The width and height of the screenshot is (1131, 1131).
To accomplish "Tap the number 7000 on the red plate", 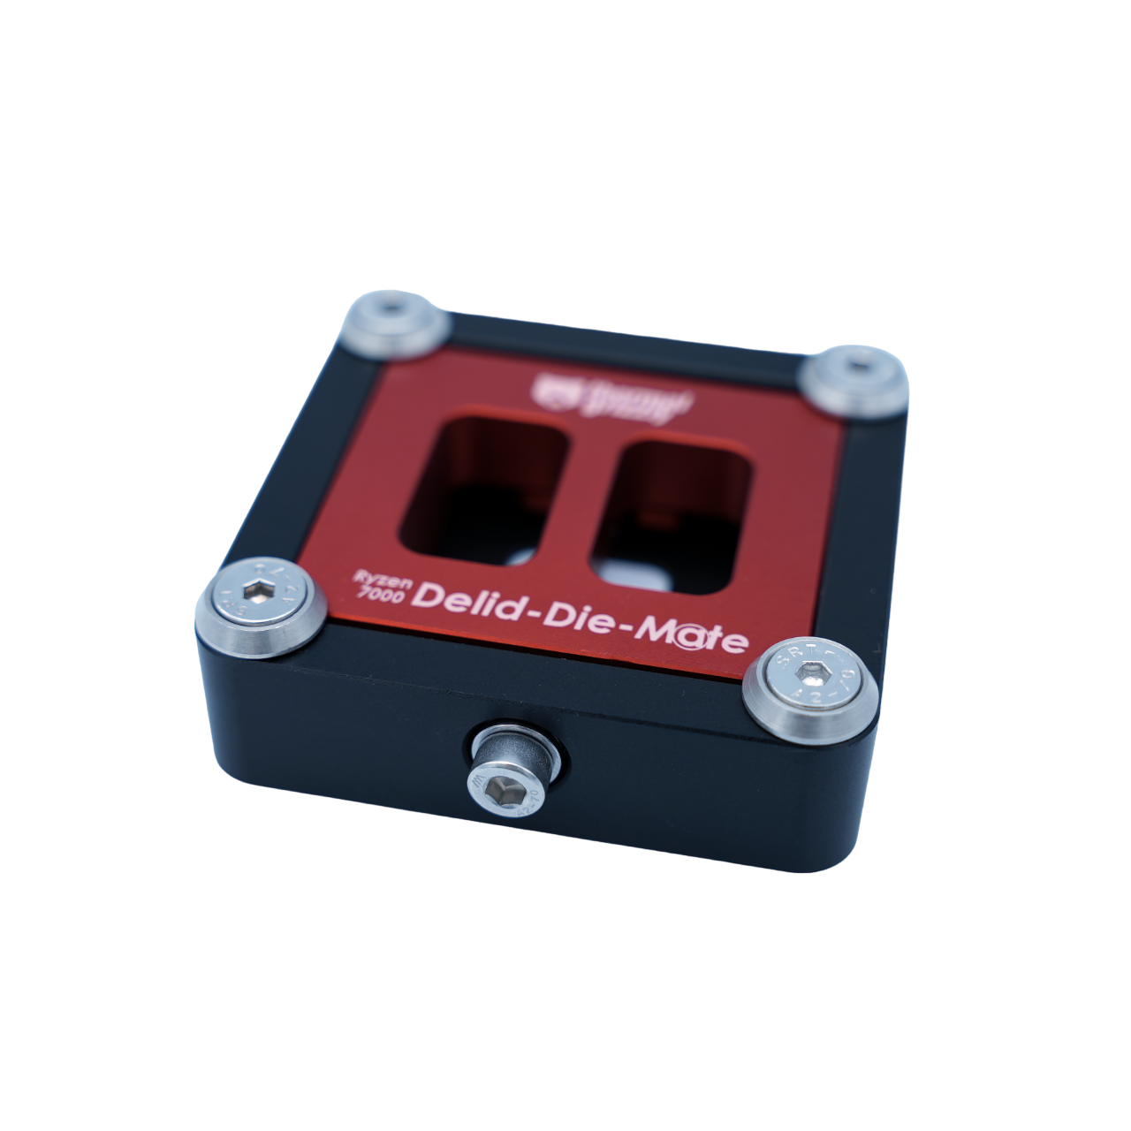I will tap(381, 596).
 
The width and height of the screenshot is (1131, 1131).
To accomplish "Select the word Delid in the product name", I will tap(469, 603).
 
